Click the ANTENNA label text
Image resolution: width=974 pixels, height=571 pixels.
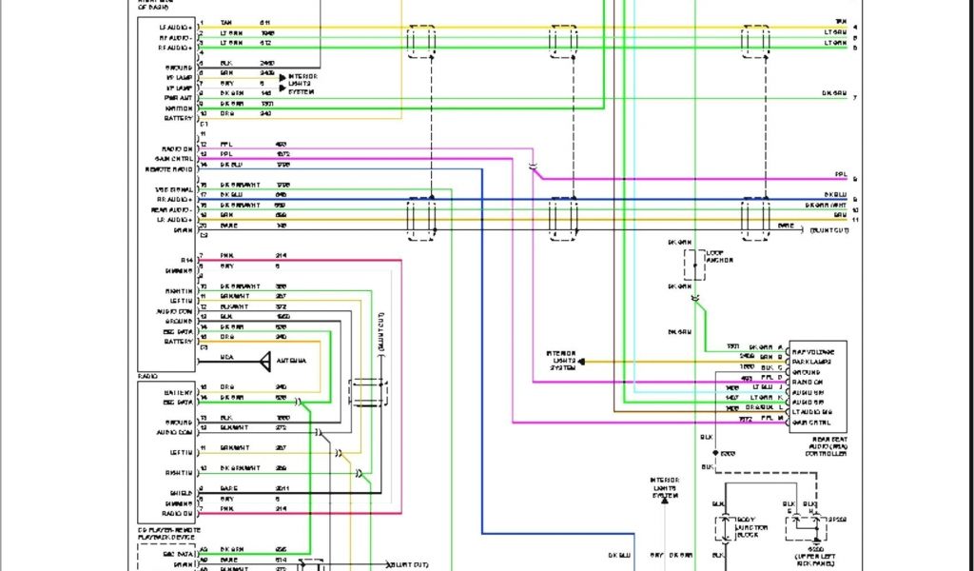[x=291, y=361]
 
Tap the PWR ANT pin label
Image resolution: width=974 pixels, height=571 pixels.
[x=180, y=96]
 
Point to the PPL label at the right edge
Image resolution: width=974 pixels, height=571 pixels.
[x=840, y=175]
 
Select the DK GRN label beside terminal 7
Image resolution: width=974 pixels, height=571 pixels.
[x=834, y=93]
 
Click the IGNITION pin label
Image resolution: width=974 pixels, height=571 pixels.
[x=179, y=108]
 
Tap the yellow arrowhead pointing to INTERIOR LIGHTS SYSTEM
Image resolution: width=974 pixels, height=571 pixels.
[x=582, y=362]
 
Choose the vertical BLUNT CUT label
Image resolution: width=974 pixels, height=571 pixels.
[x=380, y=333]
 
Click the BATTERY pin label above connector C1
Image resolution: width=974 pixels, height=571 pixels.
[x=179, y=118]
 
